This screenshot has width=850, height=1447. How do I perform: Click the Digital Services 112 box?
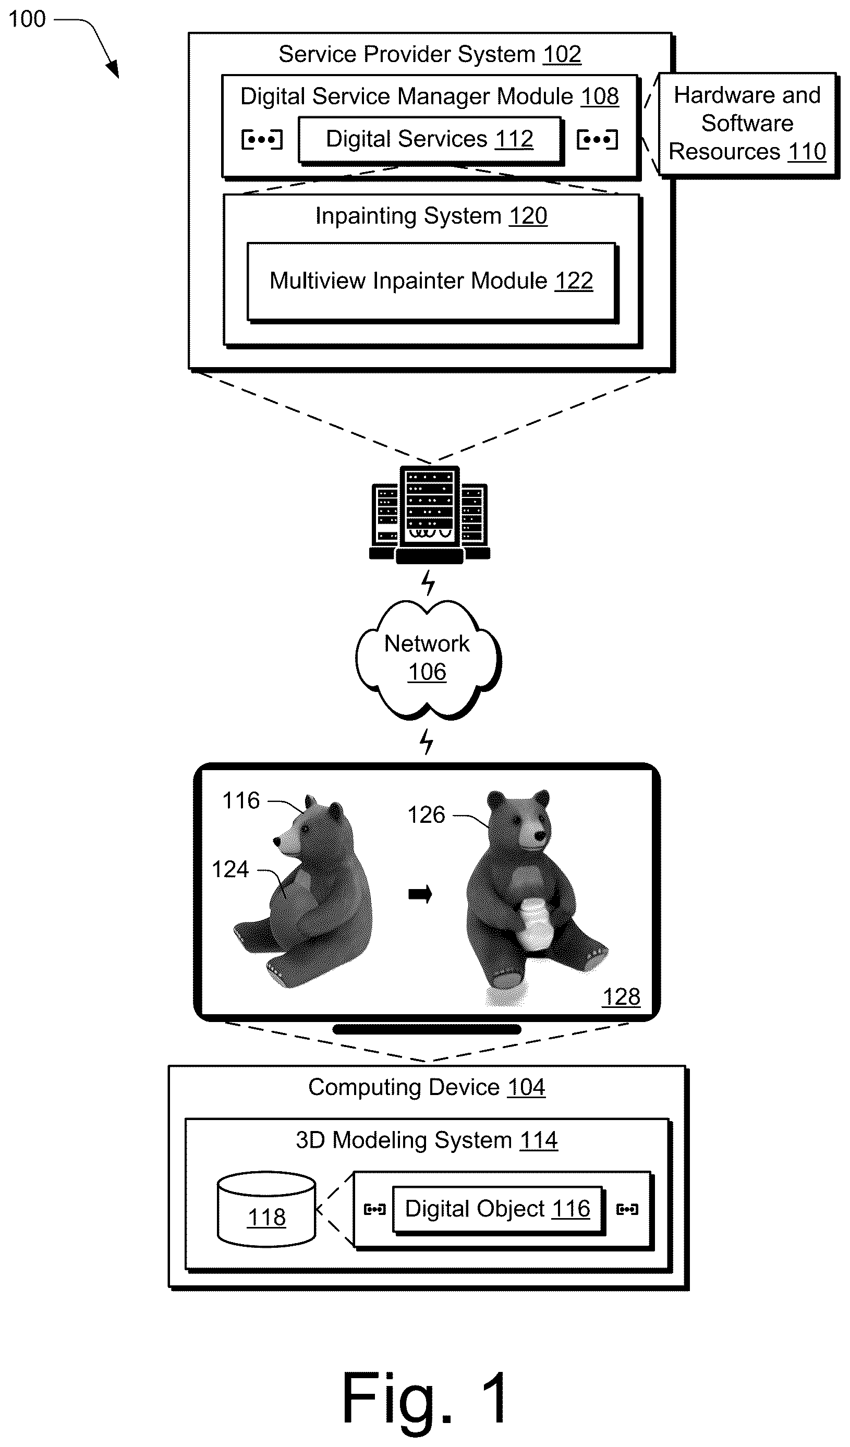tap(430, 140)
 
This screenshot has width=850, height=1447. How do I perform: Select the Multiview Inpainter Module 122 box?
tap(432, 282)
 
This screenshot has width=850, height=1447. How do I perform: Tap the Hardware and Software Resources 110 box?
tap(748, 125)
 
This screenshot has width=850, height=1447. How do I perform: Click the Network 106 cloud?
tap(428, 659)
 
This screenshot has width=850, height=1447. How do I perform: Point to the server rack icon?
tap(430, 515)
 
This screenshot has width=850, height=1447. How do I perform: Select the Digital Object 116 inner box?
tap(498, 1209)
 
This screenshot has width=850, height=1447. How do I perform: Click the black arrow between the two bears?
tap(420, 894)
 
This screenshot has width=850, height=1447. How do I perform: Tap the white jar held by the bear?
tap(535, 924)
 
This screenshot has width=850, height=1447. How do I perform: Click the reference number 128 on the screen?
tap(621, 997)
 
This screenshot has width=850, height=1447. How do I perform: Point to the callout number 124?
tap(230, 869)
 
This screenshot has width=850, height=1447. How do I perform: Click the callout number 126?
tap(426, 815)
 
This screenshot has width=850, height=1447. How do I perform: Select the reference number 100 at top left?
tap(27, 19)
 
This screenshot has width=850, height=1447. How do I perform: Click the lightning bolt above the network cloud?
tap(428, 583)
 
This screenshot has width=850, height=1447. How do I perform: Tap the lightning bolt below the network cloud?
tap(426, 741)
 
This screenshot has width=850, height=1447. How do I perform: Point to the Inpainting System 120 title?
tap(431, 216)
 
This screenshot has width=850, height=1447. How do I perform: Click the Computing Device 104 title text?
tap(427, 1088)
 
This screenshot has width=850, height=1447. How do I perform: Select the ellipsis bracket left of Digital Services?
tap(262, 140)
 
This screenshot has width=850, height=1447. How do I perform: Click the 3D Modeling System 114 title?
tap(427, 1140)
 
